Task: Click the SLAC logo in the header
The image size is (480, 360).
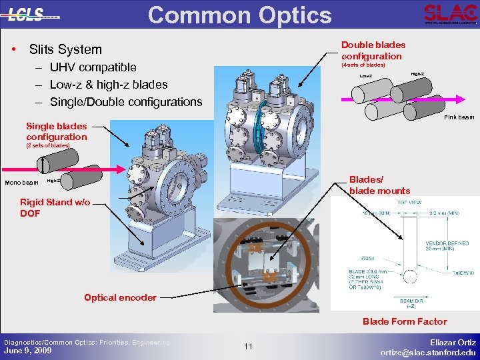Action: click(450, 13)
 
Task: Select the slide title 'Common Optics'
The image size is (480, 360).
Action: click(239, 15)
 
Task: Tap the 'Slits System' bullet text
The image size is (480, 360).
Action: click(65, 49)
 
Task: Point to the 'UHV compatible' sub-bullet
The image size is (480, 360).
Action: click(93, 67)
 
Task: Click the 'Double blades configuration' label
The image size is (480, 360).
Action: click(373, 51)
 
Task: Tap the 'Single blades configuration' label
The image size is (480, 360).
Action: click(56, 131)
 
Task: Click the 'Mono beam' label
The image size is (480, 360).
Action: click(21, 183)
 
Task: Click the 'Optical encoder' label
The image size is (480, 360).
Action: click(120, 297)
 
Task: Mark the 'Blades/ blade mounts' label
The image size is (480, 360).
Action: click(379, 185)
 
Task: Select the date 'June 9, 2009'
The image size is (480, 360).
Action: click(27, 351)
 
